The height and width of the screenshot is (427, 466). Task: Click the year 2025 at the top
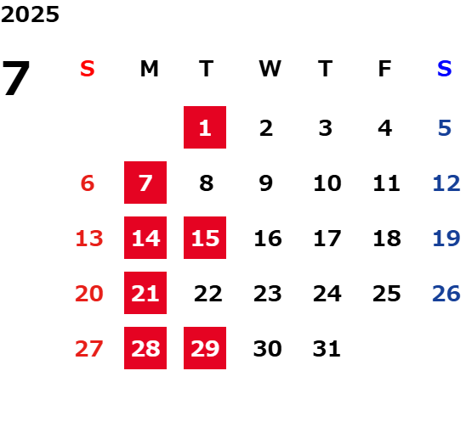30,14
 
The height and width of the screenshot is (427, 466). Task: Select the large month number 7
16,78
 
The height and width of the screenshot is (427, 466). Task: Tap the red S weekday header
87,69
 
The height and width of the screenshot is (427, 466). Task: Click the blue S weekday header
444,69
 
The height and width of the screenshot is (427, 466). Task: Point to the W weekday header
270,69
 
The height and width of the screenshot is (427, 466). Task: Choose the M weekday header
149,69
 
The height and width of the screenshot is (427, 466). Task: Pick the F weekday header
384,69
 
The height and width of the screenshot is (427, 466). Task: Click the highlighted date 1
205,127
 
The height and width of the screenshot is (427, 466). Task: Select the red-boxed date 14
145,238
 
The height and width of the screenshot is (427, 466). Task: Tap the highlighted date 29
205,348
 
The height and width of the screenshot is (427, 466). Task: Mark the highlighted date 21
145,293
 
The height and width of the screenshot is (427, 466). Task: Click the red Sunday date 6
88,183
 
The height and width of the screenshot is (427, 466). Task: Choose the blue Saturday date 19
446,238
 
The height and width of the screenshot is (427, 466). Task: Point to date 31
327,348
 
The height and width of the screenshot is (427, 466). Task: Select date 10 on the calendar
327,183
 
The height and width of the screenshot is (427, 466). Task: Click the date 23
268,293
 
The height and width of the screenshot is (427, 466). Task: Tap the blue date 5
445,128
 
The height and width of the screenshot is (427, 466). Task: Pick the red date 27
89,348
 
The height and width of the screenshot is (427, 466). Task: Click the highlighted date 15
205,238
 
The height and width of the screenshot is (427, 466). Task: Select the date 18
387,238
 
